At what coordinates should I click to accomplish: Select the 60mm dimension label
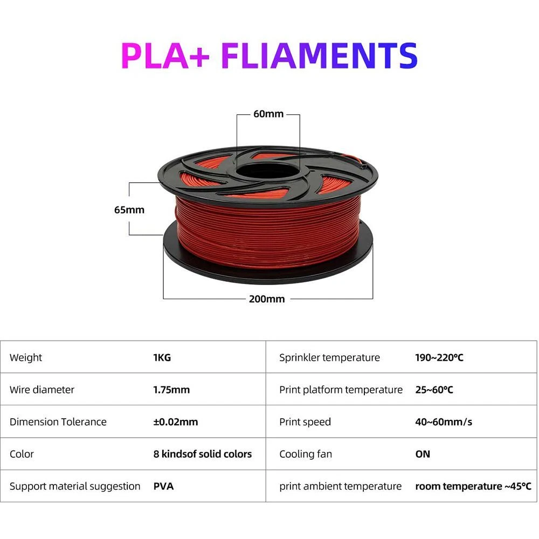coord(268,114)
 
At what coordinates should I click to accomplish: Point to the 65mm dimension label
coord(129,210)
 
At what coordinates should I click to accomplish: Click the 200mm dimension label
coord(267,299)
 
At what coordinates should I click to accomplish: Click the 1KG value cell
coord(162,357)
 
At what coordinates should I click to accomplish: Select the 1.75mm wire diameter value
coord(171,390)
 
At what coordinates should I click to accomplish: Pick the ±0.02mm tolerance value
coord(176,422)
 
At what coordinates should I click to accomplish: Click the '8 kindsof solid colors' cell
coord(203,454)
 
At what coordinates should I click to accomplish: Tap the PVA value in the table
coord(163,486)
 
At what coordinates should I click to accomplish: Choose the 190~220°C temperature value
coord(439,357)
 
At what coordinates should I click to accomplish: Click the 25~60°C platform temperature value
coord(434,390)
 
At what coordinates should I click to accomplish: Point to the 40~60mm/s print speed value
coord(444,422)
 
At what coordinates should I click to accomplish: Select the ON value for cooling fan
coord(423,454)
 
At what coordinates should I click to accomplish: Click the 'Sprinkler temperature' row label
coord(329,357)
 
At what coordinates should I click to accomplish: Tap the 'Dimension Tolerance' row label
coord(58,422)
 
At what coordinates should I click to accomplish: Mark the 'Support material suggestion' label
coord(75,486)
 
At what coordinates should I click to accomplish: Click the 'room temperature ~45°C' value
coord(473,486)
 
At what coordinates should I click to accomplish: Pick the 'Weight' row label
coord(26,357)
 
